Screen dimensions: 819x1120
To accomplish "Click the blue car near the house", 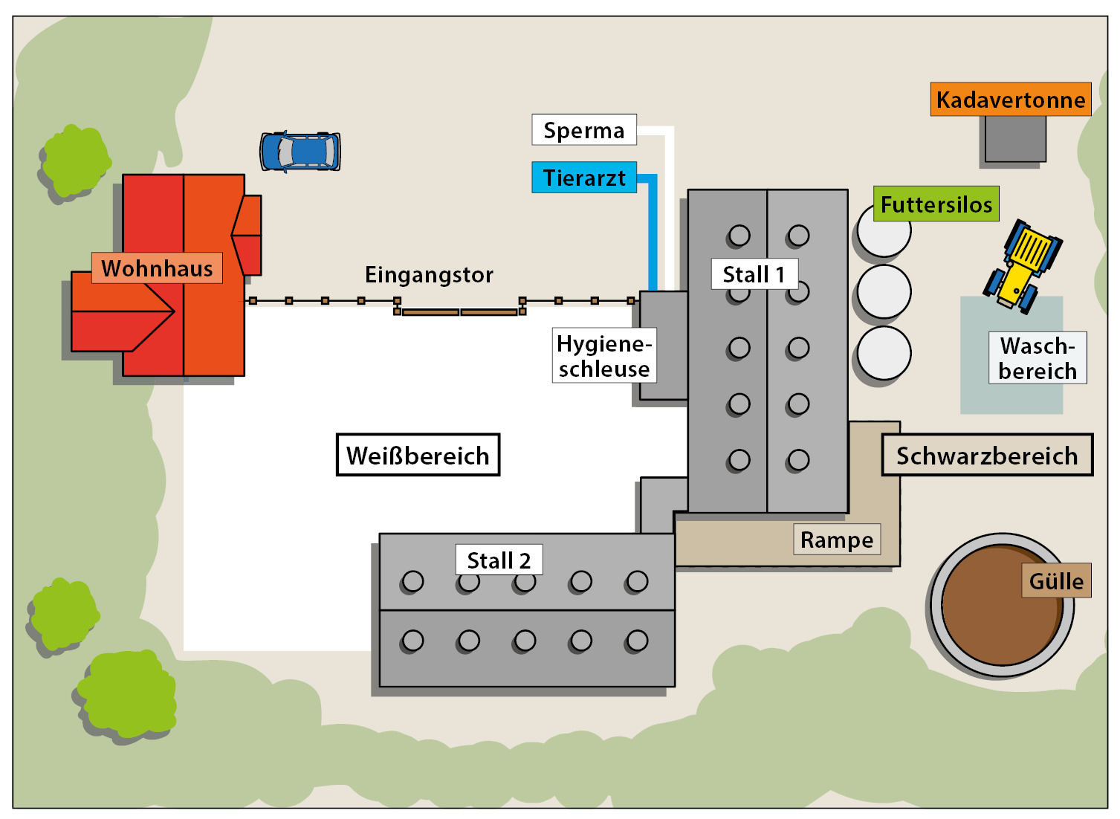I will tap(300, 152).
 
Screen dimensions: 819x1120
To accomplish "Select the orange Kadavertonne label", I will tap(1010, 100).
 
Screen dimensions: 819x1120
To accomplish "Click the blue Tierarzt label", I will tap(584, 178).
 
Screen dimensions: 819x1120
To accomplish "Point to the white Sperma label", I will tap(584, 130).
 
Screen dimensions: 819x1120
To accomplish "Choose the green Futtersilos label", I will tap(936, 204).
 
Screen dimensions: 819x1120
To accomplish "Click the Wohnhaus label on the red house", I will tap(157, 268).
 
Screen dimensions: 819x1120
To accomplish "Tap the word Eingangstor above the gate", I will tap(429, 275).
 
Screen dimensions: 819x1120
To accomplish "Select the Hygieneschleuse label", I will tap(603, 356).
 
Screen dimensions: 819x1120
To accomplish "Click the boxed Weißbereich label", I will tap(418, 455).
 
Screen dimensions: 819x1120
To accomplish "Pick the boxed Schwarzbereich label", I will tap(987, 455).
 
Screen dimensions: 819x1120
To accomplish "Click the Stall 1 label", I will tap(754, 274).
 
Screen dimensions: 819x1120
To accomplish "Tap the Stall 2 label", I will tap(499, 560).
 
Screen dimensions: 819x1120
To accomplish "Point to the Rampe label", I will tap(837, 540).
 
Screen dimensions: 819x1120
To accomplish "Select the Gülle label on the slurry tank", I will tap(1056, 580).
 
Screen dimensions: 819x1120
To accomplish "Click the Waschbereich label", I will tap(1038, 358).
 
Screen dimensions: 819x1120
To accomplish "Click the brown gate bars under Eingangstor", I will tap(459, 312).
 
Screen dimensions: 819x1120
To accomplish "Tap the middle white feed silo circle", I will tap(884, 292).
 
